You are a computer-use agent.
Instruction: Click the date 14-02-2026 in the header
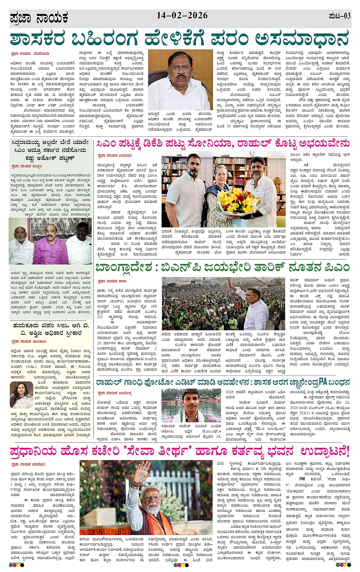(182, 16)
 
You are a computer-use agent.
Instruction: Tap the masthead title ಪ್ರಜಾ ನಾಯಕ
(39, 18)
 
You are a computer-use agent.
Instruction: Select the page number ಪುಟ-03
(339, 16)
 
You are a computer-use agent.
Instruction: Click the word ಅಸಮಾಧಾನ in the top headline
(302, 38)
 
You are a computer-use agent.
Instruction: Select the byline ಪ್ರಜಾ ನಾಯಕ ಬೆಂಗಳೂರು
(30, 54)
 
